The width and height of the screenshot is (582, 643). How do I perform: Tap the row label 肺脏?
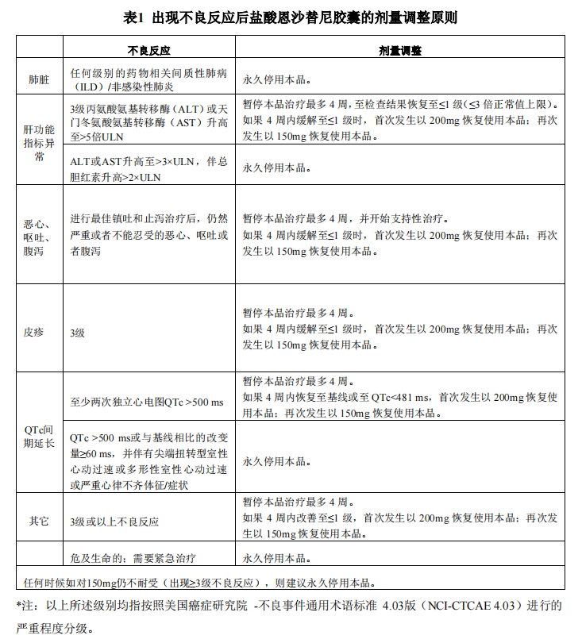click(38, 80)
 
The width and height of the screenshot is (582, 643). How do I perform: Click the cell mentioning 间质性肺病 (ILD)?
click(148, 80)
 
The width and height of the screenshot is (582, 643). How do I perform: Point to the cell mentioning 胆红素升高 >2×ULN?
click(148, 169)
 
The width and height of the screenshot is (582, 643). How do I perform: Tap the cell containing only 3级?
click(78, 333)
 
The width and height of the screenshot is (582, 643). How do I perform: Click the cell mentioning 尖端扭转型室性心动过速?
click(148, 460)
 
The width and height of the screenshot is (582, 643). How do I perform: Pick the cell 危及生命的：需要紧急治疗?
click(133, 558)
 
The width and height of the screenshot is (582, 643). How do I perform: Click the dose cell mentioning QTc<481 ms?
click(399, 397)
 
